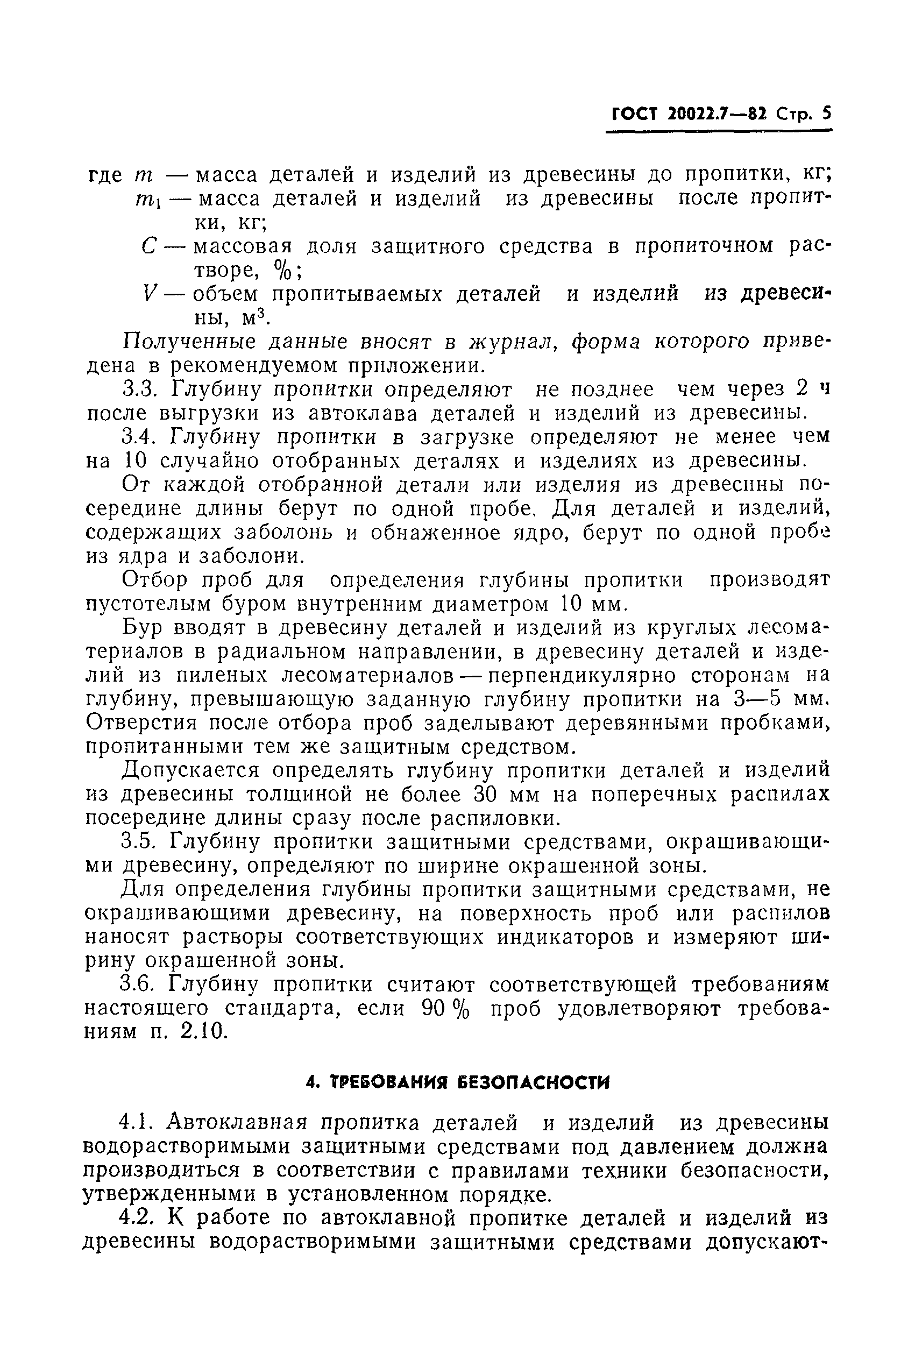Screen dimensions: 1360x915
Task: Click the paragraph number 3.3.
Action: pyautogui.click(x=137, y=389)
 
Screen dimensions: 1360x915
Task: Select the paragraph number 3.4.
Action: pyautogui.click(x=137, y=436)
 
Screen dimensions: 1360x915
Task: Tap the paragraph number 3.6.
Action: pyautogui.click(x=137, y=984)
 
